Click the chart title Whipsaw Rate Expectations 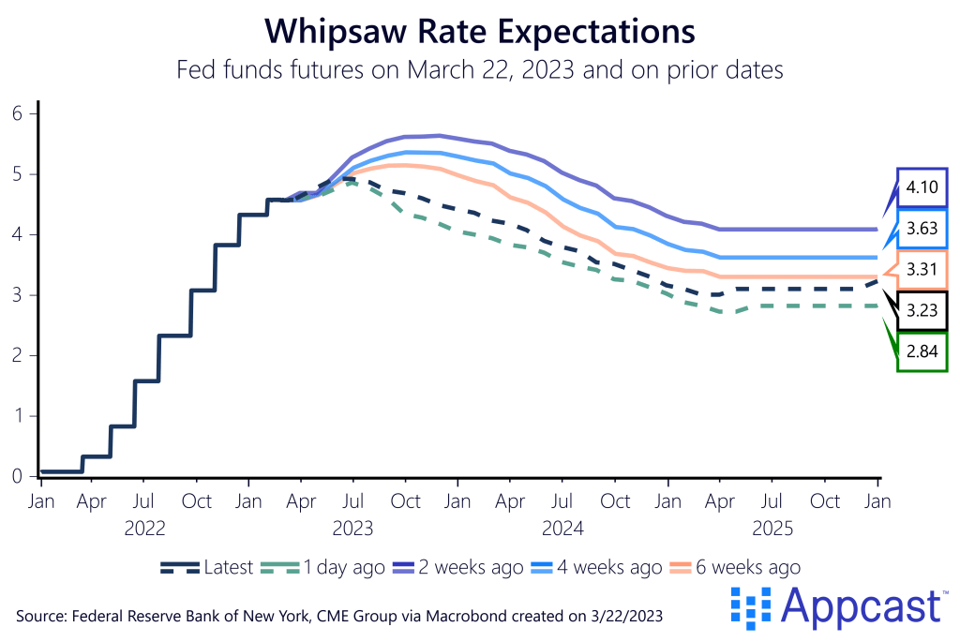click(480, 31)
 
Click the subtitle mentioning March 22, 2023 click(480, 69)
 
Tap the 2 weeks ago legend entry click(458, 567)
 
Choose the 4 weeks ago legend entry click(599, 567)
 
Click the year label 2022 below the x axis click(144, 529)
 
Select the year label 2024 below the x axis click(562, 529)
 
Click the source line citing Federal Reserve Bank click(343, 615)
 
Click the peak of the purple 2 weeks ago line click(438, 135)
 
